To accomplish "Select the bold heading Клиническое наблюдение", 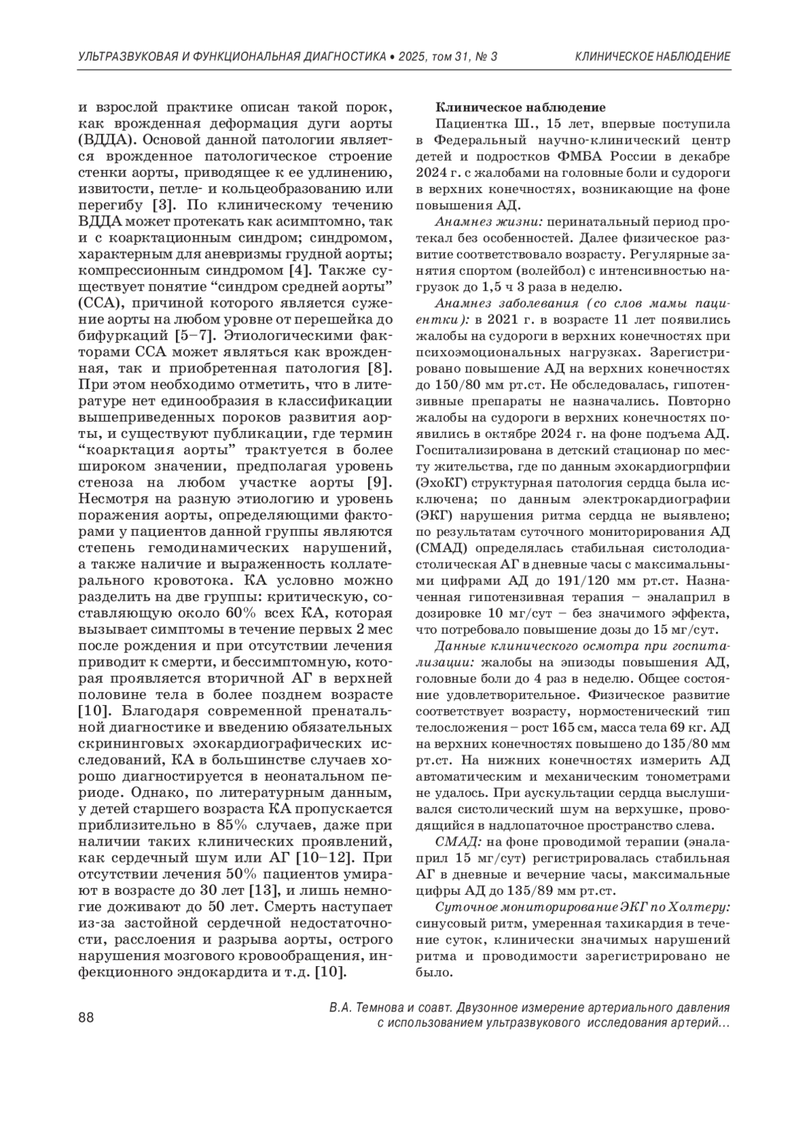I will click(520, 107).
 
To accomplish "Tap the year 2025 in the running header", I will click(410, 57).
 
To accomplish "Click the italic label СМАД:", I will click(458, 842).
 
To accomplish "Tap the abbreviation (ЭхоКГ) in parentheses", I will click(445, 483).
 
